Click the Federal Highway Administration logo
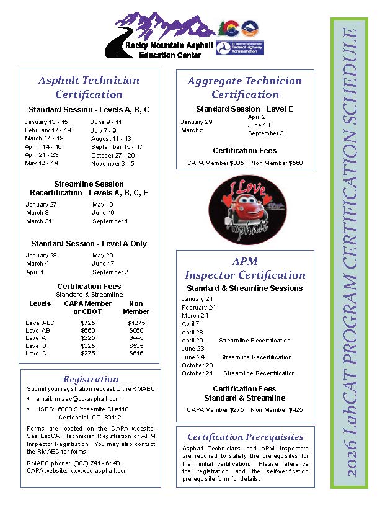click(239, 46)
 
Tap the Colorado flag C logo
click(229, 28)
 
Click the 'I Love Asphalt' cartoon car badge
click(247, 208)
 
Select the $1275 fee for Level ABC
click(136, 323)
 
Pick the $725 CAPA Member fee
click(88, 323)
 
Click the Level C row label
click(36, 353)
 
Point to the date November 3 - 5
click(112, 163)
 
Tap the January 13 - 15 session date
click(46, 122)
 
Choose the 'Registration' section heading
click(91, 379)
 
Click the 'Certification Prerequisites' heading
click(246, 437)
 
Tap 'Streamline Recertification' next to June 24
click(256, 357)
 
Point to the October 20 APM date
click(197, 365)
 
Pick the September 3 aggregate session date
click(266, 133)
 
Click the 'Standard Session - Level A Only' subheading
click(89, 244)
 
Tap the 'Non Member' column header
click(136, 307)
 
